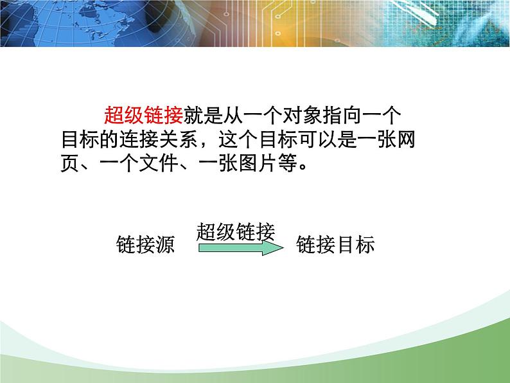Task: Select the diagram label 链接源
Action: point(145,245)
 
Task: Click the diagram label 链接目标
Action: point(335,245)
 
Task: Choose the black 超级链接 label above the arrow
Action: point(236,231)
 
